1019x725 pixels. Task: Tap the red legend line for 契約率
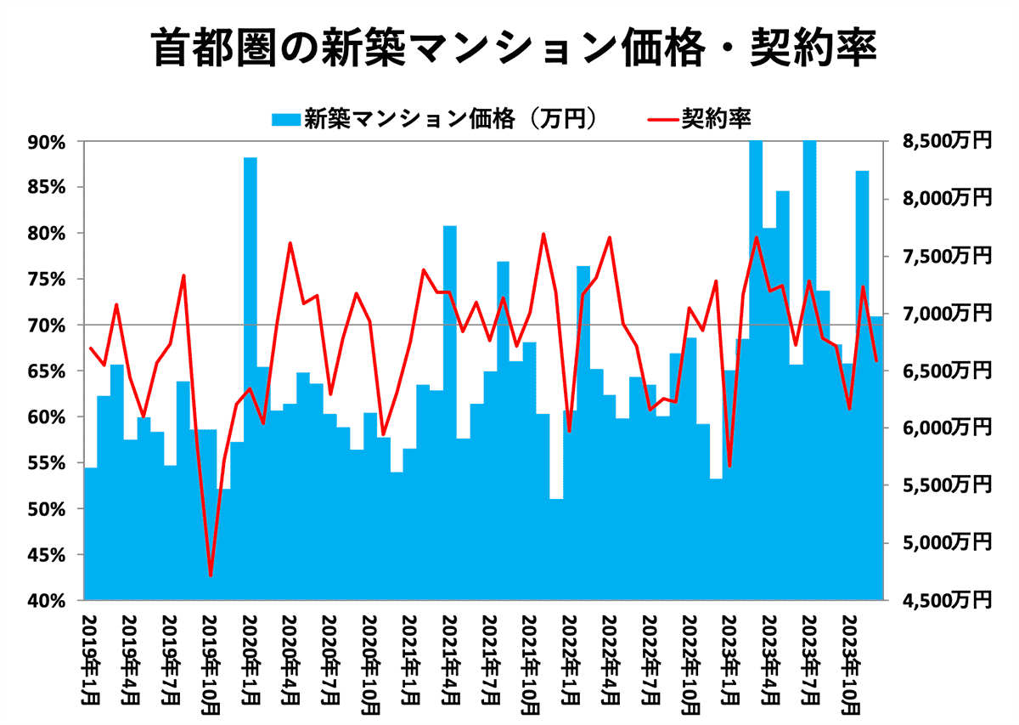click(660, 118)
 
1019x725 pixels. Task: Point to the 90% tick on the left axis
click(47, 142)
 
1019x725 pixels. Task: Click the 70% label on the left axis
click(47, 326)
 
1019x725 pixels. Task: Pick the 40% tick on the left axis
click(47, 601)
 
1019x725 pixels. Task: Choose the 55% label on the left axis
click(47, 463)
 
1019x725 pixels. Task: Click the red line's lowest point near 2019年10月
click(210, 575)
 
